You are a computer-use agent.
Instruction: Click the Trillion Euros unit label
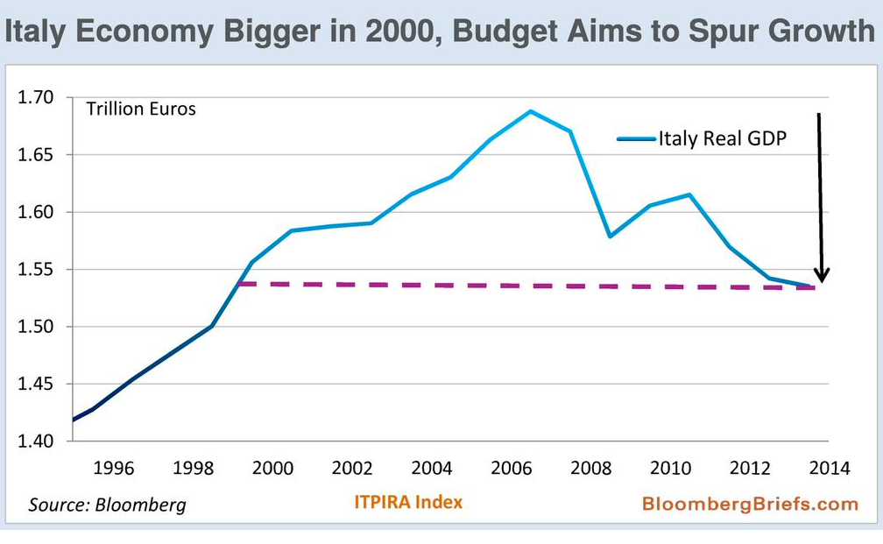point(140,110)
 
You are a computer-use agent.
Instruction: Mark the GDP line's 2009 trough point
point(610,237)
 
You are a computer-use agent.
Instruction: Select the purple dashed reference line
point(526,286)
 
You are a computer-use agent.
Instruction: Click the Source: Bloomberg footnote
point(107,505)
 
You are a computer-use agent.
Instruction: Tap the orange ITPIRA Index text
point(407,502)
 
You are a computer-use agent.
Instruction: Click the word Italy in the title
point(35,32)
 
